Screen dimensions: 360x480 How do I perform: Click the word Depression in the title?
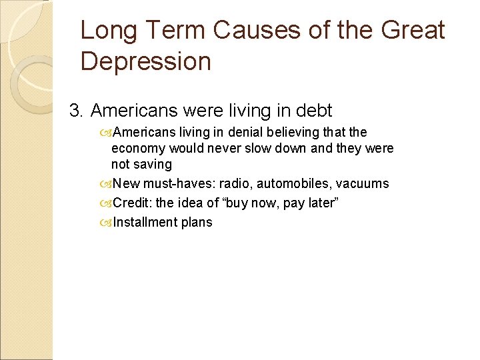coord(145,61)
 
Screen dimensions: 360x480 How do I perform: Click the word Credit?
coord(132,203)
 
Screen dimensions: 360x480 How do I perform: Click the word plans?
coord(196,222)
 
